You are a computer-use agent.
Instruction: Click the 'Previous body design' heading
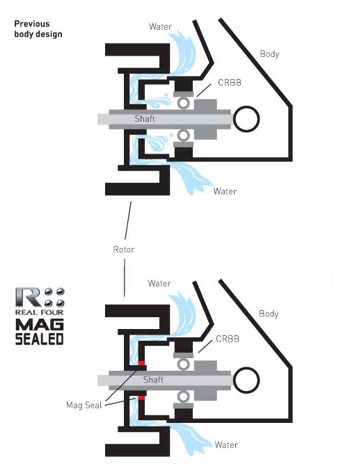[x=38, y=29]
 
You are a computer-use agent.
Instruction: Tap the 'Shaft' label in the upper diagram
[x=145, y=118]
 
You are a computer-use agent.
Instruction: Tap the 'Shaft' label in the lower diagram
[x=153, y=380]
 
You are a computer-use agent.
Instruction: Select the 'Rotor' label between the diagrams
[x=124, y=250]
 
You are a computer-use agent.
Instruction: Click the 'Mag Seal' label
[x=84, y=405]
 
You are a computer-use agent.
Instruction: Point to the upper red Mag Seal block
[x=141, y=363]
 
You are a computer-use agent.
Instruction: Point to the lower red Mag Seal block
[x=141, y=398]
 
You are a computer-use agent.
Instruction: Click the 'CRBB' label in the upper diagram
[x=230, y=82]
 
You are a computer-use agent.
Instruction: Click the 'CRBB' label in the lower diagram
[x=228, y=339]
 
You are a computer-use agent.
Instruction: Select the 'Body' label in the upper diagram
[x=269, y=54]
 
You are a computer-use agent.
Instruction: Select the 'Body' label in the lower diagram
[x=269, y=314]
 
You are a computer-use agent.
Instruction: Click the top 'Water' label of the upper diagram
[x=161, y=26]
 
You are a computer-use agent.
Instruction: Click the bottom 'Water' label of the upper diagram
[x=225, y=191]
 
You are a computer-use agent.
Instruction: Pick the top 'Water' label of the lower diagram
[x=159, y=283]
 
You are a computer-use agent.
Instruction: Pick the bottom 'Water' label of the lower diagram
[x=226, y=444]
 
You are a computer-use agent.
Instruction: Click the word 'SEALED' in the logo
[x=39, y=339]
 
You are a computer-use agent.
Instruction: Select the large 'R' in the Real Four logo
[x=28, y=297]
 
